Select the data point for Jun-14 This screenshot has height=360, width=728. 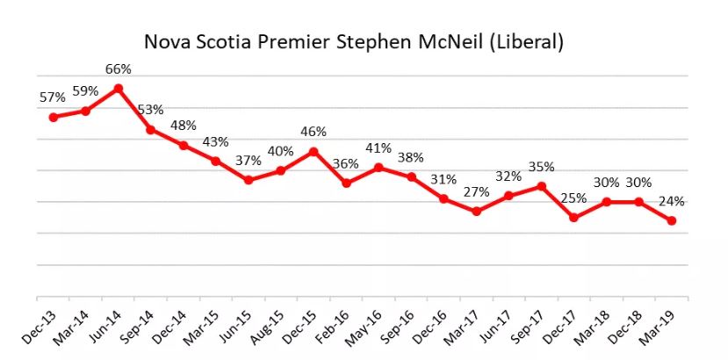tap(119, 89)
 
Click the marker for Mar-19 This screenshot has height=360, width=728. tap(672, 220)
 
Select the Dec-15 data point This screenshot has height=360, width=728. tap(314, 151)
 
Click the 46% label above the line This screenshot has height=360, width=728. tap(314, 132)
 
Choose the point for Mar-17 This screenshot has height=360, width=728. tap(476, 212)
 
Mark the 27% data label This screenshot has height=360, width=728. tap(476, 192)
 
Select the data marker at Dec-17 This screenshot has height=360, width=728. tap(573, 217)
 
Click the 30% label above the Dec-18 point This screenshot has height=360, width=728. tap(639, 183)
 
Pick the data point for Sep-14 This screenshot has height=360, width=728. tap(151, 129)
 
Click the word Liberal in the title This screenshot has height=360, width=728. tap(530, 41)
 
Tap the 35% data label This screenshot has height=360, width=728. tap(541, 167)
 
